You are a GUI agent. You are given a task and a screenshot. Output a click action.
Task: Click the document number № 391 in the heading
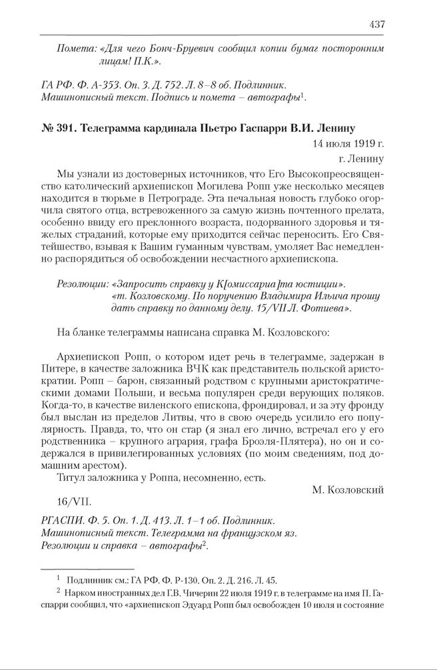point(58,129)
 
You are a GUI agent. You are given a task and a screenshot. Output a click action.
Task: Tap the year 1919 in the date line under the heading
point(362,144)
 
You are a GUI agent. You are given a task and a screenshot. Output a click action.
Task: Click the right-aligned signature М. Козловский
point(348,490)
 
